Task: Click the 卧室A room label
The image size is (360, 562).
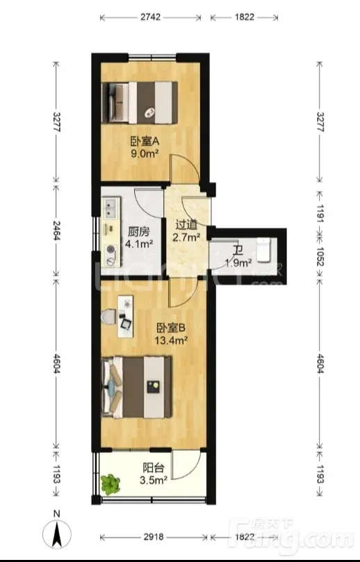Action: [145, 142]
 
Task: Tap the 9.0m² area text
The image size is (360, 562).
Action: [145, 154]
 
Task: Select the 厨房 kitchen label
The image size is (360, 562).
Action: [139, 232]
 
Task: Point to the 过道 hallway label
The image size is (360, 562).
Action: [186, 225]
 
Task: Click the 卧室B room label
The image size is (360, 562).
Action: [171, 328]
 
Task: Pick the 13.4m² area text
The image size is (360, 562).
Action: [171, 340]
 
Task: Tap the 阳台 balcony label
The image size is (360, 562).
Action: [154, 468]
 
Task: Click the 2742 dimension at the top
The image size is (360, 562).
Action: [150, 17]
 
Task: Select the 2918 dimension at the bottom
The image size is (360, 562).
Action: [154, 537]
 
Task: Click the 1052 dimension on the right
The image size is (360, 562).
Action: [320, 256]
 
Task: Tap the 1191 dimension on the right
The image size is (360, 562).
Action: [320, 214]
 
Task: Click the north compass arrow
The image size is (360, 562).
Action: [57, 534]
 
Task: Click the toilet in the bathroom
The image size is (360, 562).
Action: [264, 249]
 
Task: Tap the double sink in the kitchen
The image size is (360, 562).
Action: [110, 208]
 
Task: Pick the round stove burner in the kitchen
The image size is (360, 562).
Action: [111, 250]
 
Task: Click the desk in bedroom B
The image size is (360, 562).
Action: [126, 316]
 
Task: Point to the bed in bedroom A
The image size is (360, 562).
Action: [140, 103]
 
